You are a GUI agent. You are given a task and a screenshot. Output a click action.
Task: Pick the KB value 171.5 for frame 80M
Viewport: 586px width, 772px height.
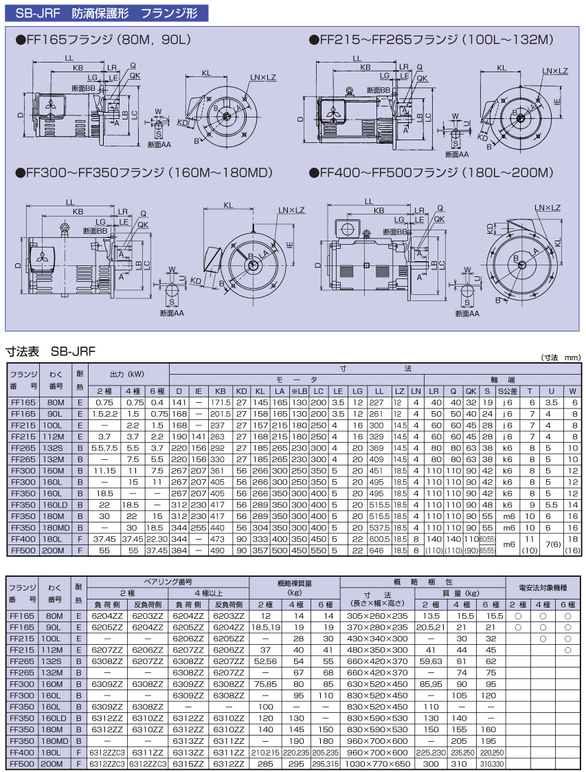221,403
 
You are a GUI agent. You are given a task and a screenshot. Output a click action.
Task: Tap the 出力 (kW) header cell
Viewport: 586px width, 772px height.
126,374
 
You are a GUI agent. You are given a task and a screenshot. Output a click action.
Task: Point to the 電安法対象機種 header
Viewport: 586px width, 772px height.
543,588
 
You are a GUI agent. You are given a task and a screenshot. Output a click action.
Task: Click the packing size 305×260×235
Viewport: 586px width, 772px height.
377,616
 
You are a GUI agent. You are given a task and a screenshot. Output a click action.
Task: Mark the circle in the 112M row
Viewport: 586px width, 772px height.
568,650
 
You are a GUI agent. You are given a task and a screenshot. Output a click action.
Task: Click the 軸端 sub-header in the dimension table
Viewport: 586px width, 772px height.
502,379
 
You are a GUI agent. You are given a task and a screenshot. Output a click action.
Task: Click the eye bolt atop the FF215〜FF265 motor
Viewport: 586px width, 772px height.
349,90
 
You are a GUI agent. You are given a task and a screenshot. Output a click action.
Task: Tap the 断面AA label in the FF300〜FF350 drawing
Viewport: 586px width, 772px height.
171,313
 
